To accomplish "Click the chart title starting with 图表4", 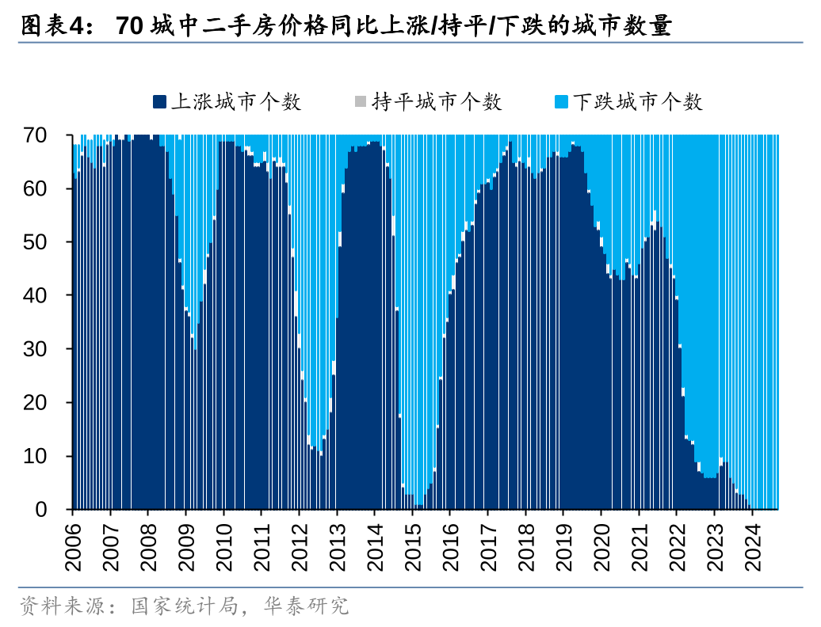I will [346, 27].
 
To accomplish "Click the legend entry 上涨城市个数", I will [235, 102].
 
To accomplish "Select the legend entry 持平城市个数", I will [437, 102].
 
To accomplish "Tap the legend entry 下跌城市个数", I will [637, 102].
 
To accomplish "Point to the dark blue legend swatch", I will [160, 102].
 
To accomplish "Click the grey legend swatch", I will [361, 102].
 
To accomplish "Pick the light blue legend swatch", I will [562, 102].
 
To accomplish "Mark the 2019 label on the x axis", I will [563, 545].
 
